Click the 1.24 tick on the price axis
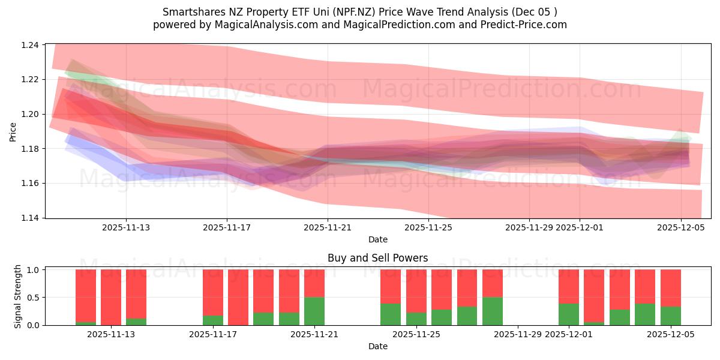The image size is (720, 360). tap(31, 45)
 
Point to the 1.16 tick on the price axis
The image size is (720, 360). tap(31, 183)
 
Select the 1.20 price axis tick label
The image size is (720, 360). tap(31, 114)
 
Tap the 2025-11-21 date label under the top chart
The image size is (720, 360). tap(327, 227)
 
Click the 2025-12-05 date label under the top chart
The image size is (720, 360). tap(680, 227)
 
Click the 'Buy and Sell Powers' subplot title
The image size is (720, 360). tap(377, 259)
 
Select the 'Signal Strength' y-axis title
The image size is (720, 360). tap(18, 296)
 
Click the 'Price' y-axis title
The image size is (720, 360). tap(13, 131)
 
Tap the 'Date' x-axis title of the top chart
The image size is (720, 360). tap(377, 239)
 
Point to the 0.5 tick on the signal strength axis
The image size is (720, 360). tap(34, 298)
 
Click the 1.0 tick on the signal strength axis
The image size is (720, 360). tap(34, 270)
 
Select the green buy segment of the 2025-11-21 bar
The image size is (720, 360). tap(314, 311)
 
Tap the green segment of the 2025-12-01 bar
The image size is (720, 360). tap(568, 314)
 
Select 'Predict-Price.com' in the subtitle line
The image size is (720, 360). tap(524, 25)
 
